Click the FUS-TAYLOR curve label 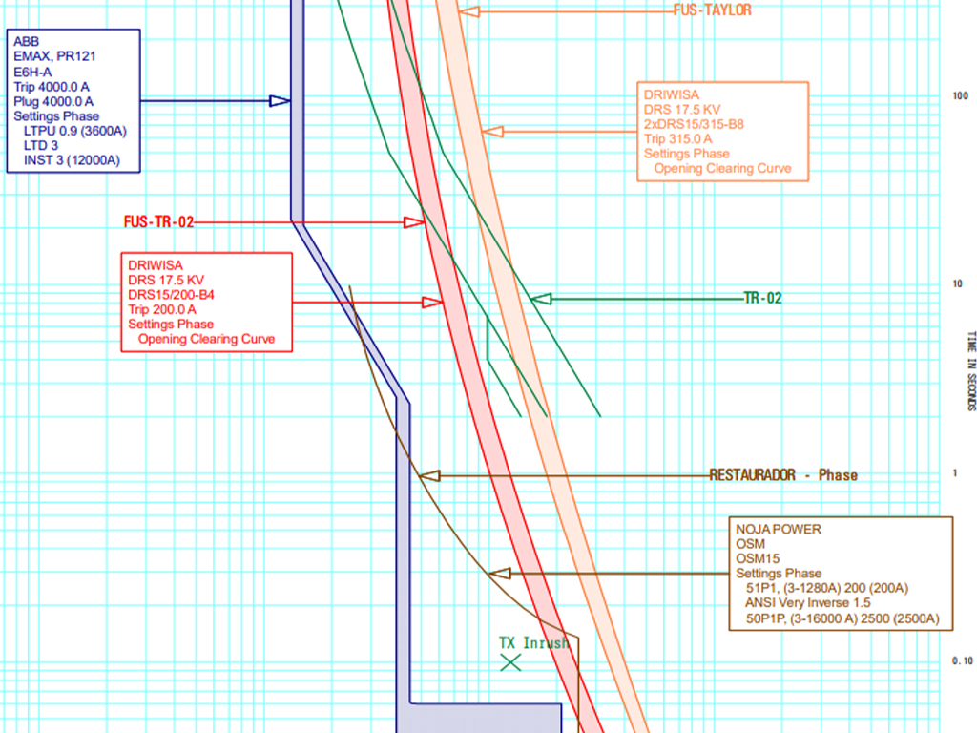(x=712, y=10)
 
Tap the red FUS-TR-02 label (x=158, y=222)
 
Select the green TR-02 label (x=762, y=299)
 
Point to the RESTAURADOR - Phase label (x=783, y=475)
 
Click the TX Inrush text (x=533, y=643)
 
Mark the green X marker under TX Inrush (x=511, y=661)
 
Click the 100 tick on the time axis (x=960, y=95)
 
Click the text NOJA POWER (x=778, y=529)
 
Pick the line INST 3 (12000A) (x=72, y=160)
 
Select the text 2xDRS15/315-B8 (x=694, y=124)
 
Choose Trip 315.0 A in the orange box (x=677, y=139)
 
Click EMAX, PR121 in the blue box (x=54, y=56)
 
